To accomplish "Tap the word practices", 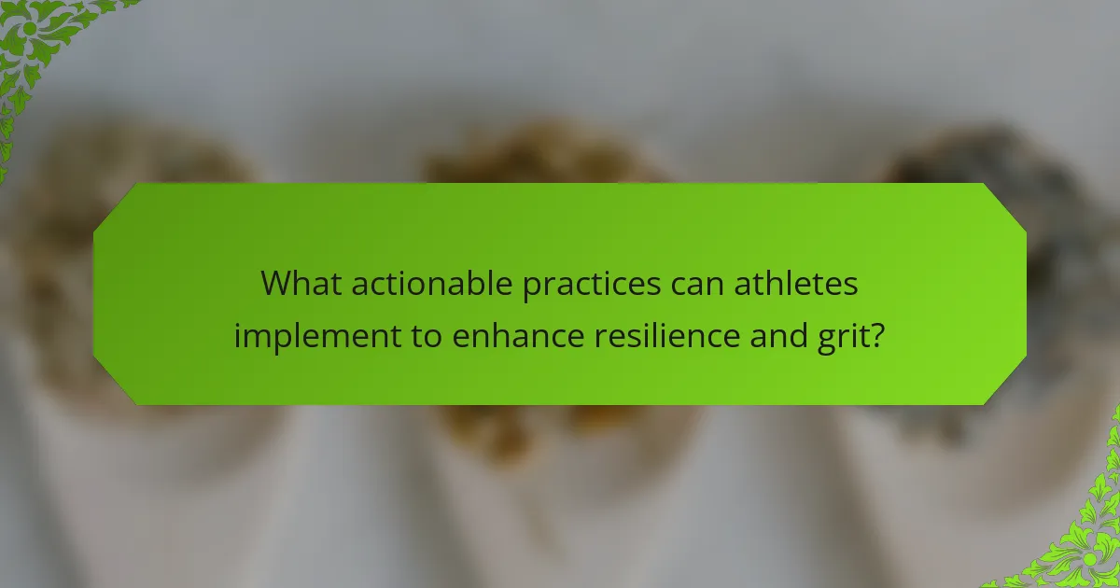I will point(585,284).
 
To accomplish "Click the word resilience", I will point(665,333).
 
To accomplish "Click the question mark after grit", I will point(877,333).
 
